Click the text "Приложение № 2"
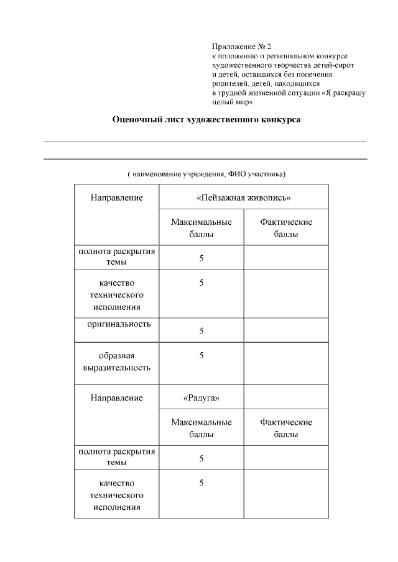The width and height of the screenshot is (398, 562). (241, 47)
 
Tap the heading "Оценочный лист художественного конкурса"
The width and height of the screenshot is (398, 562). (205, 120)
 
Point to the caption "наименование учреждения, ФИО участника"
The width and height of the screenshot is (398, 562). (206, 174)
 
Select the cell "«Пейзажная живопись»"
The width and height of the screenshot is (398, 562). (244, 197)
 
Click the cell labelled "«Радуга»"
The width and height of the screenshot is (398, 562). (201, 397)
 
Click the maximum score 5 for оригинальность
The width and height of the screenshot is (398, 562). (201, 331)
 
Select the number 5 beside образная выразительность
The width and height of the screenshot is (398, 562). (201, 356)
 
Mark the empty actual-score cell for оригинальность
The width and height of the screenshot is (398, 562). (285, 330)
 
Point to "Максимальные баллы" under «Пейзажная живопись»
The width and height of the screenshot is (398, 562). (201, 228)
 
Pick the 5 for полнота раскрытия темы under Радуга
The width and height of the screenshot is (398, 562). (201, 458)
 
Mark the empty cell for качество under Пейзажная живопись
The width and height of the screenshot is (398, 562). (285, 294)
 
